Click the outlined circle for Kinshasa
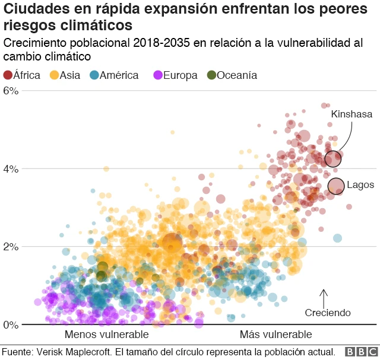click(x=333, y=159)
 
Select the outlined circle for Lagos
click(x=336, y=186)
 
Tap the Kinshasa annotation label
click(x=351, y=113)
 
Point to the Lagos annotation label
click(x=360, y=185)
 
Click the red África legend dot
click(x=8, y=75)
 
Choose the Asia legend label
click(x=70, y=75)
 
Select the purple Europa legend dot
click(x=158, y=75)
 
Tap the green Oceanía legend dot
click(x=211, y=75)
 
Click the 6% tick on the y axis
click(x=11, y=91)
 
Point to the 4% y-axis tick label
click(x=11, y=169)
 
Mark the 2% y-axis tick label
click(x=11, y=247)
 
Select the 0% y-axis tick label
click(x=11, y=324)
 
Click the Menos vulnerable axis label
click(x=107, y=334)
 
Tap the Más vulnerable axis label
click(x=275, y=334)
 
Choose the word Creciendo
click(x=328, y=313)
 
